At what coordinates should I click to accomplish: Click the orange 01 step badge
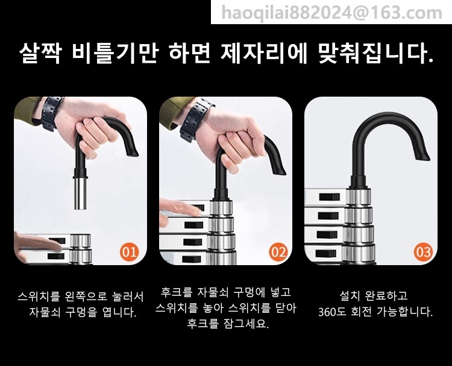129,252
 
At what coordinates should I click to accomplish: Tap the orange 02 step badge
278,252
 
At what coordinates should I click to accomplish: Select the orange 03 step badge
424,252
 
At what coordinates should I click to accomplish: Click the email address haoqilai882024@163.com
331,13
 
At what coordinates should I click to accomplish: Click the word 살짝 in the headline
40,53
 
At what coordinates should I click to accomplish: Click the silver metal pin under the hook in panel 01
81,193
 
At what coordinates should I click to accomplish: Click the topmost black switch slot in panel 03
330,197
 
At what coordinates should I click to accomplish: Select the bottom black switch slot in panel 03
326,254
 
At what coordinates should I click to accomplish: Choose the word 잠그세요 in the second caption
246,324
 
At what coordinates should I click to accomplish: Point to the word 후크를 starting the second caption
176,292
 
